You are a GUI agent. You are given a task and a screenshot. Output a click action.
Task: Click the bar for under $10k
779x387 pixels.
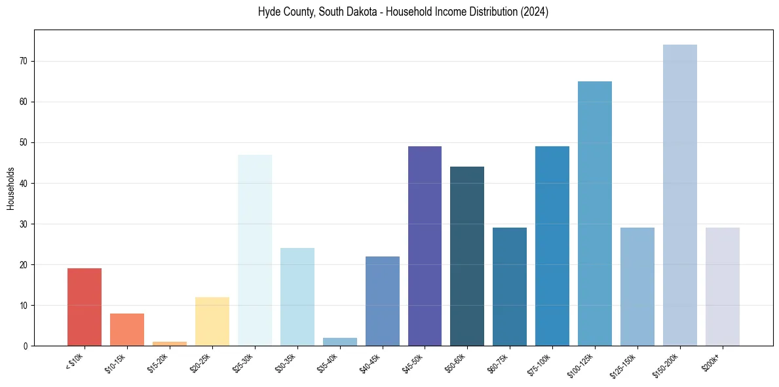85,307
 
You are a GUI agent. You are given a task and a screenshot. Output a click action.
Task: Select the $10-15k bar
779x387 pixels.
127,329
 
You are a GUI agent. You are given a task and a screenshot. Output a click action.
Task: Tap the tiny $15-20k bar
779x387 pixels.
170,343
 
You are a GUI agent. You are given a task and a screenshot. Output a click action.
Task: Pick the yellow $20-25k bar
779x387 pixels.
212,321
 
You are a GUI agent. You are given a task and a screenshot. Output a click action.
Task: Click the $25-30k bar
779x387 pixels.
255,250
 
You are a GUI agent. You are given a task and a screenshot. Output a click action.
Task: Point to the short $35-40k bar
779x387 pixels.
340,342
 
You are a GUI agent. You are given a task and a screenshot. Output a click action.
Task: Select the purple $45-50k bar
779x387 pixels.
425,246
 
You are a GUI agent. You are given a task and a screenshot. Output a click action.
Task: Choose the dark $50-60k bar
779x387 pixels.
467,256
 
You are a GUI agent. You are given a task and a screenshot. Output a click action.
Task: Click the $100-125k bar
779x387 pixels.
595,213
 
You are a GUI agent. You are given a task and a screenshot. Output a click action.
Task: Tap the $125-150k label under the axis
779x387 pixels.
626,363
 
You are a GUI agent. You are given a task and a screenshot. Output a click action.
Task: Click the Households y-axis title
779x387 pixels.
10,188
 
